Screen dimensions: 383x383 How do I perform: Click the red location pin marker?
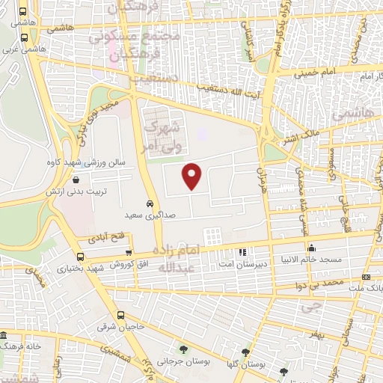(x=193, y=175)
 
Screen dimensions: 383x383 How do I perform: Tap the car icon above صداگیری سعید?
(x=150, y=203)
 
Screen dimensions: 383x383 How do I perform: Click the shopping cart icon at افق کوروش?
(x=129, y=253)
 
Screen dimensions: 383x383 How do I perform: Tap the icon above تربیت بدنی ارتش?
(x=77, y=180)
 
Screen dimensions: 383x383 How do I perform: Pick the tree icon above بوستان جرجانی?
(x=183, y=349)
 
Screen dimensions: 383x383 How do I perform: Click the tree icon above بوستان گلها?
(x=245, y=352)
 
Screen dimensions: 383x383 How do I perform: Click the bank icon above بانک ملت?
(x=366, y=278)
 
